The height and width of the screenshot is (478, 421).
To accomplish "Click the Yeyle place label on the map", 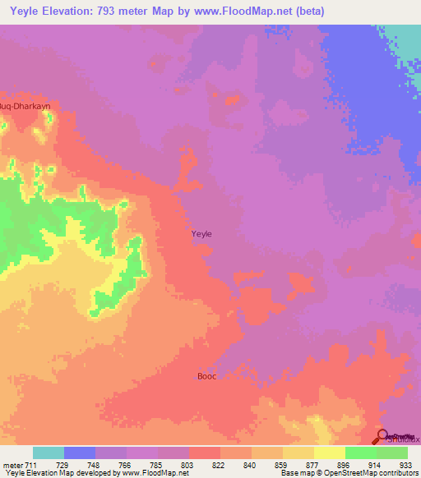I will [x=201, y=234].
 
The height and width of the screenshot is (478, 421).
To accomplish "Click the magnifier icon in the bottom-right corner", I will [x=383, y=435].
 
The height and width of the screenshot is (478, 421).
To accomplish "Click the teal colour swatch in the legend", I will [x=49, y=453].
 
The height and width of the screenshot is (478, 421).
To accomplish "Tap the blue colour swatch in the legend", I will [x=80, y=453].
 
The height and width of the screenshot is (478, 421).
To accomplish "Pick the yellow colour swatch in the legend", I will [x=330, y=453].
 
